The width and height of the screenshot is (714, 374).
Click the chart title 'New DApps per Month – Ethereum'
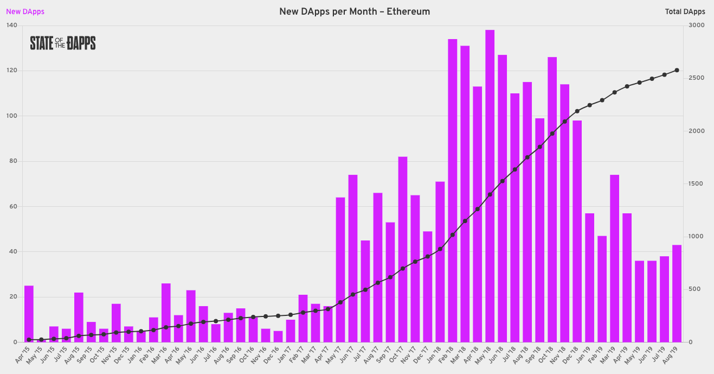point(355,11)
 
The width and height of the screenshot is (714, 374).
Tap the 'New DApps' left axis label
point(25,11)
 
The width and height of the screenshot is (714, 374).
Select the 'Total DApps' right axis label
point(685,11)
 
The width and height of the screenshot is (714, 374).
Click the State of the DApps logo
point(63,43)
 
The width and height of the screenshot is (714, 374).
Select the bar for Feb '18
point(452,190)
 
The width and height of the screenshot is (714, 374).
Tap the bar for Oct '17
point(402,249)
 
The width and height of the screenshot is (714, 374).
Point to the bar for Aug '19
point(677,293)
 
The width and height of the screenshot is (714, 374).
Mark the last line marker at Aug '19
point(677,70)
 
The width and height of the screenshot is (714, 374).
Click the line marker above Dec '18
point(577,111)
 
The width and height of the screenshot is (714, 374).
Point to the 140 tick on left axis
point(11,26)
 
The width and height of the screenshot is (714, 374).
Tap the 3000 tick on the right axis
point(697,26)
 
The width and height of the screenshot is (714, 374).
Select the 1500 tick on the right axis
point(697,184)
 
